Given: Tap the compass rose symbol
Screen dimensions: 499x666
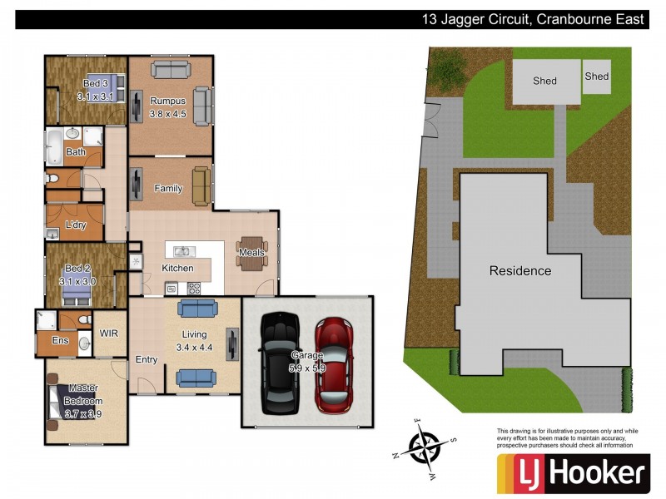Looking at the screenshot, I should point(425,448).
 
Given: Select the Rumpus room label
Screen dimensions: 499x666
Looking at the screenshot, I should point(167,101).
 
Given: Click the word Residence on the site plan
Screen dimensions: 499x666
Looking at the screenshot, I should point(519,270).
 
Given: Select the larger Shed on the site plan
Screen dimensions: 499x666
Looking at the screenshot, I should point(544,82).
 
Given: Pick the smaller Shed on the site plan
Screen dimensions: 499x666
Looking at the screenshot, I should point(597,77).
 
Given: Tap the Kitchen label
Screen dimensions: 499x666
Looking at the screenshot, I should point(177,268).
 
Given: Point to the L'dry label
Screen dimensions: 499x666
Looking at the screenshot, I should point(76,225).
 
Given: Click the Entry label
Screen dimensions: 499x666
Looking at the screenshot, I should point(147,359).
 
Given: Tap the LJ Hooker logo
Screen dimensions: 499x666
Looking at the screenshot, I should point(573,474).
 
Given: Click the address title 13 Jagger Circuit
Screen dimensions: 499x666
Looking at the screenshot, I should point(533,19).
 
